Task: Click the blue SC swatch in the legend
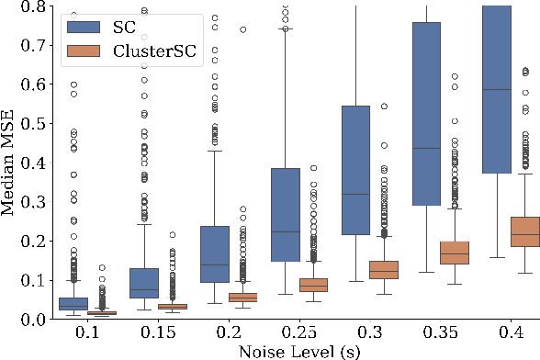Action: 86,28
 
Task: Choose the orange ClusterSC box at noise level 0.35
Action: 454,253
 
